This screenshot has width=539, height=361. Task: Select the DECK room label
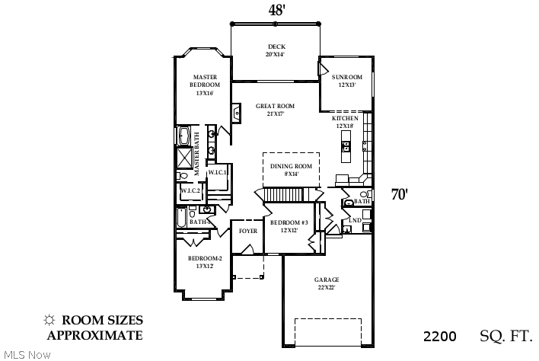(x=275, y=46)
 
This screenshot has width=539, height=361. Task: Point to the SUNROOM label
(x=346, y=77)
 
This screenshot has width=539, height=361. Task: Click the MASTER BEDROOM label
(x=204, y=81)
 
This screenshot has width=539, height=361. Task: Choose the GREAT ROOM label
(x=275, y=106)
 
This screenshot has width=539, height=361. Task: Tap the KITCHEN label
(x=344, y=120)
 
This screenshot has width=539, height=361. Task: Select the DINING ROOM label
(x=291, y=166)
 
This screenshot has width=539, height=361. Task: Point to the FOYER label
(x=247, y=230)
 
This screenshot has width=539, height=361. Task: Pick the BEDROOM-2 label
(x=205, y=258)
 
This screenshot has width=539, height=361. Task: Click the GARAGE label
(x=327, y=280)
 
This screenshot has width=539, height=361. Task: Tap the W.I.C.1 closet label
(x=218, y=172)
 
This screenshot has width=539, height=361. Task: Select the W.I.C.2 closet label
(x=190, y=190)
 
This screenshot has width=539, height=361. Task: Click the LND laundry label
(x=354, y=220)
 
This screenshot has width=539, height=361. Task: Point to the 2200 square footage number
(x=439, y=336)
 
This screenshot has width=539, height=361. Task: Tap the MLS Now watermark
(x=26, y=355)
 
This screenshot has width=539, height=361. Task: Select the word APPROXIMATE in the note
(x=94, y=335)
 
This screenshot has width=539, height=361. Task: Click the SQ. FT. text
(x=506, y=336)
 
